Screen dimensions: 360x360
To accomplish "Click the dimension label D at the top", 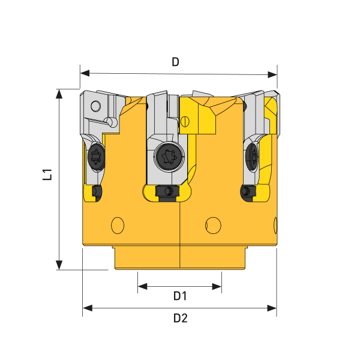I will point(176,61).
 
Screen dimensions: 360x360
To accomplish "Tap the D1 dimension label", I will point(180,296).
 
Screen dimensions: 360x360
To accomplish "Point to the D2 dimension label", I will point(180,318).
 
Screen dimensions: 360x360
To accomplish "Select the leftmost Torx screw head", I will point(95,157).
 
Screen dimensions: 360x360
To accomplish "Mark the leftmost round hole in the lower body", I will point(118,225).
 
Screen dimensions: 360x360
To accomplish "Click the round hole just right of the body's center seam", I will point(212,225).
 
